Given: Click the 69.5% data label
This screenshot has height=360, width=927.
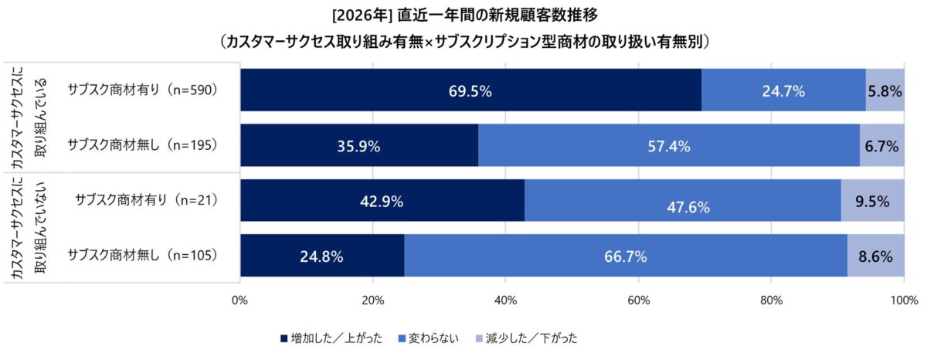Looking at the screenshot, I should coord(470,90).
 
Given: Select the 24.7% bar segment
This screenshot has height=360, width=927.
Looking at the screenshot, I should coord(783,90).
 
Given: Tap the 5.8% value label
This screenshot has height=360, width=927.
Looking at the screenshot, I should coord(885,90).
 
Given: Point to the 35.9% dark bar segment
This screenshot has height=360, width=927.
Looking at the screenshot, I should coord(358,145).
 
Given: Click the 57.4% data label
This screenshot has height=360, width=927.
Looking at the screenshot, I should coord(668,146).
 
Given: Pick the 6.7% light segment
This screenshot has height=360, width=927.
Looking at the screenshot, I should coord(881,145).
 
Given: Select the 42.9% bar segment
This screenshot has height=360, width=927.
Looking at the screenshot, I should coord(382,201).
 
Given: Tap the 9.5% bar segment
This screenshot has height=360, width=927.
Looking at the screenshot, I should coord(872,201).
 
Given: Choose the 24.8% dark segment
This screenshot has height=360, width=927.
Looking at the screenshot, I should coord(322,256).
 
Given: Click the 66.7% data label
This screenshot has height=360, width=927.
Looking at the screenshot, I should coord(626,256).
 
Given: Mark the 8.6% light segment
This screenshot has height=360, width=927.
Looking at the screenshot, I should coord(875,256).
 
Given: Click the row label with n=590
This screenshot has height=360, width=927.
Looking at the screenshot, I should coord(143,90).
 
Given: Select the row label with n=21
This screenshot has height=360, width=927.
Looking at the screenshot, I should coord(146,200).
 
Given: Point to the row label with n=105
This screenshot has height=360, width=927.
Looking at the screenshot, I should coord(143,254).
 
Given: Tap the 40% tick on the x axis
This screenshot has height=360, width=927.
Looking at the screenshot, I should coord(505,300).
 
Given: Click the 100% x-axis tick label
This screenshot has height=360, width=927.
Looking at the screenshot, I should coord(902,300).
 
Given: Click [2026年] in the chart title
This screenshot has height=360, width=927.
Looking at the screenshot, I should coord(362,15).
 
